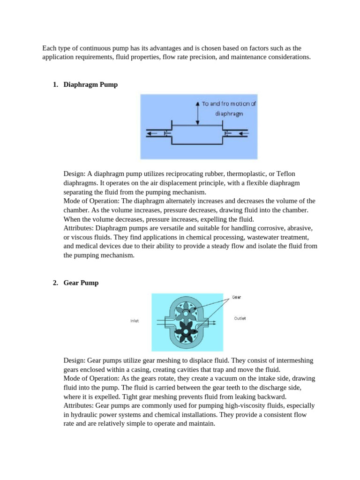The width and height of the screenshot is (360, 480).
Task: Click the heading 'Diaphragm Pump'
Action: point(90,85)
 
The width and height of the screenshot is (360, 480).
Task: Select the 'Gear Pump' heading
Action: point(81,283)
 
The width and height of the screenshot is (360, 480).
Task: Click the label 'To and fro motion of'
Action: point(229,104)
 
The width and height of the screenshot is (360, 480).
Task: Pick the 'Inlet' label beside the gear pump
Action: point(134,321)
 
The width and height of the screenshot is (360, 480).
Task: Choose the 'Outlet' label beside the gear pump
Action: point(240,318)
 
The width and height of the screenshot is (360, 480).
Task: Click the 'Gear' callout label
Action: point(237,297)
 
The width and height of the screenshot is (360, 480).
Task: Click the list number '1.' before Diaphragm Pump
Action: point(55,85)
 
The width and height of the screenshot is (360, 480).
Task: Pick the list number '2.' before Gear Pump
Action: point(55,283)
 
